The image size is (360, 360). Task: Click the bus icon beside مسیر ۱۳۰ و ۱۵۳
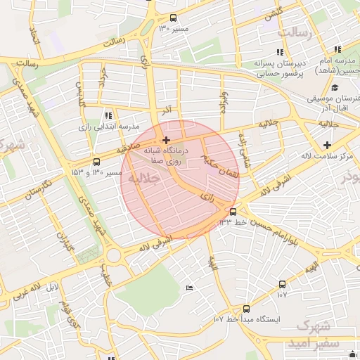96,162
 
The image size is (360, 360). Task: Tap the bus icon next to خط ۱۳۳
233,212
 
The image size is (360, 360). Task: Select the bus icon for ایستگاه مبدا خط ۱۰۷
245,309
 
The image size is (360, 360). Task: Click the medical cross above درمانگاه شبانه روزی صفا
166,141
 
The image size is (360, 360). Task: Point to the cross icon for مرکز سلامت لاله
328,145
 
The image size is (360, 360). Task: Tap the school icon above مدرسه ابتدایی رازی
108,115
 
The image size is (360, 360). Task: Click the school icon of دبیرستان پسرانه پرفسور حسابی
280,52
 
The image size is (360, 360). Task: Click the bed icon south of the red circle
188,288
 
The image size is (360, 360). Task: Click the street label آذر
167,111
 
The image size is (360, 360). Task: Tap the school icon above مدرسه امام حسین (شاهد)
338,49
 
